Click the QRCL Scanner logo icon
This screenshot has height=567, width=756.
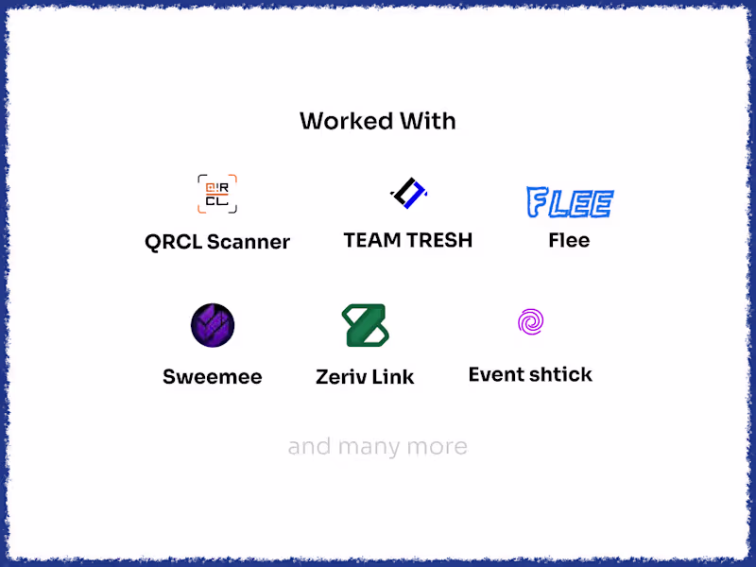[217, 194]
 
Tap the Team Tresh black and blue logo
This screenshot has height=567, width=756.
[408, 193]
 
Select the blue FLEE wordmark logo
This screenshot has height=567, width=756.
[570, 202]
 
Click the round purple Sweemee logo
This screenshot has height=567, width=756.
[213, 325]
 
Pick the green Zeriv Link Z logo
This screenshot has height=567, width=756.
[365, 325]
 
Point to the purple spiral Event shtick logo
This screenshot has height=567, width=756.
[530, 321]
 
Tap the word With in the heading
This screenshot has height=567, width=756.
[428, 121]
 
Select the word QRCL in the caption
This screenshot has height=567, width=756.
[173, 242]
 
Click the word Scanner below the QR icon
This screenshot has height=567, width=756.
[249, 242]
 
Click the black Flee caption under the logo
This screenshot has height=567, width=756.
[569, 240]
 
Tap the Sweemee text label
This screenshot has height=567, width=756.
[212, 376]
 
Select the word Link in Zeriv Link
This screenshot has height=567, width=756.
[392, 376]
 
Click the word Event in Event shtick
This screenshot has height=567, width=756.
[497, 374]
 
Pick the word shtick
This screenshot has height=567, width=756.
[561, 374]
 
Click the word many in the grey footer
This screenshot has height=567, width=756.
[369, 447]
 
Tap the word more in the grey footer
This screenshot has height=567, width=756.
[437, 448]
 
